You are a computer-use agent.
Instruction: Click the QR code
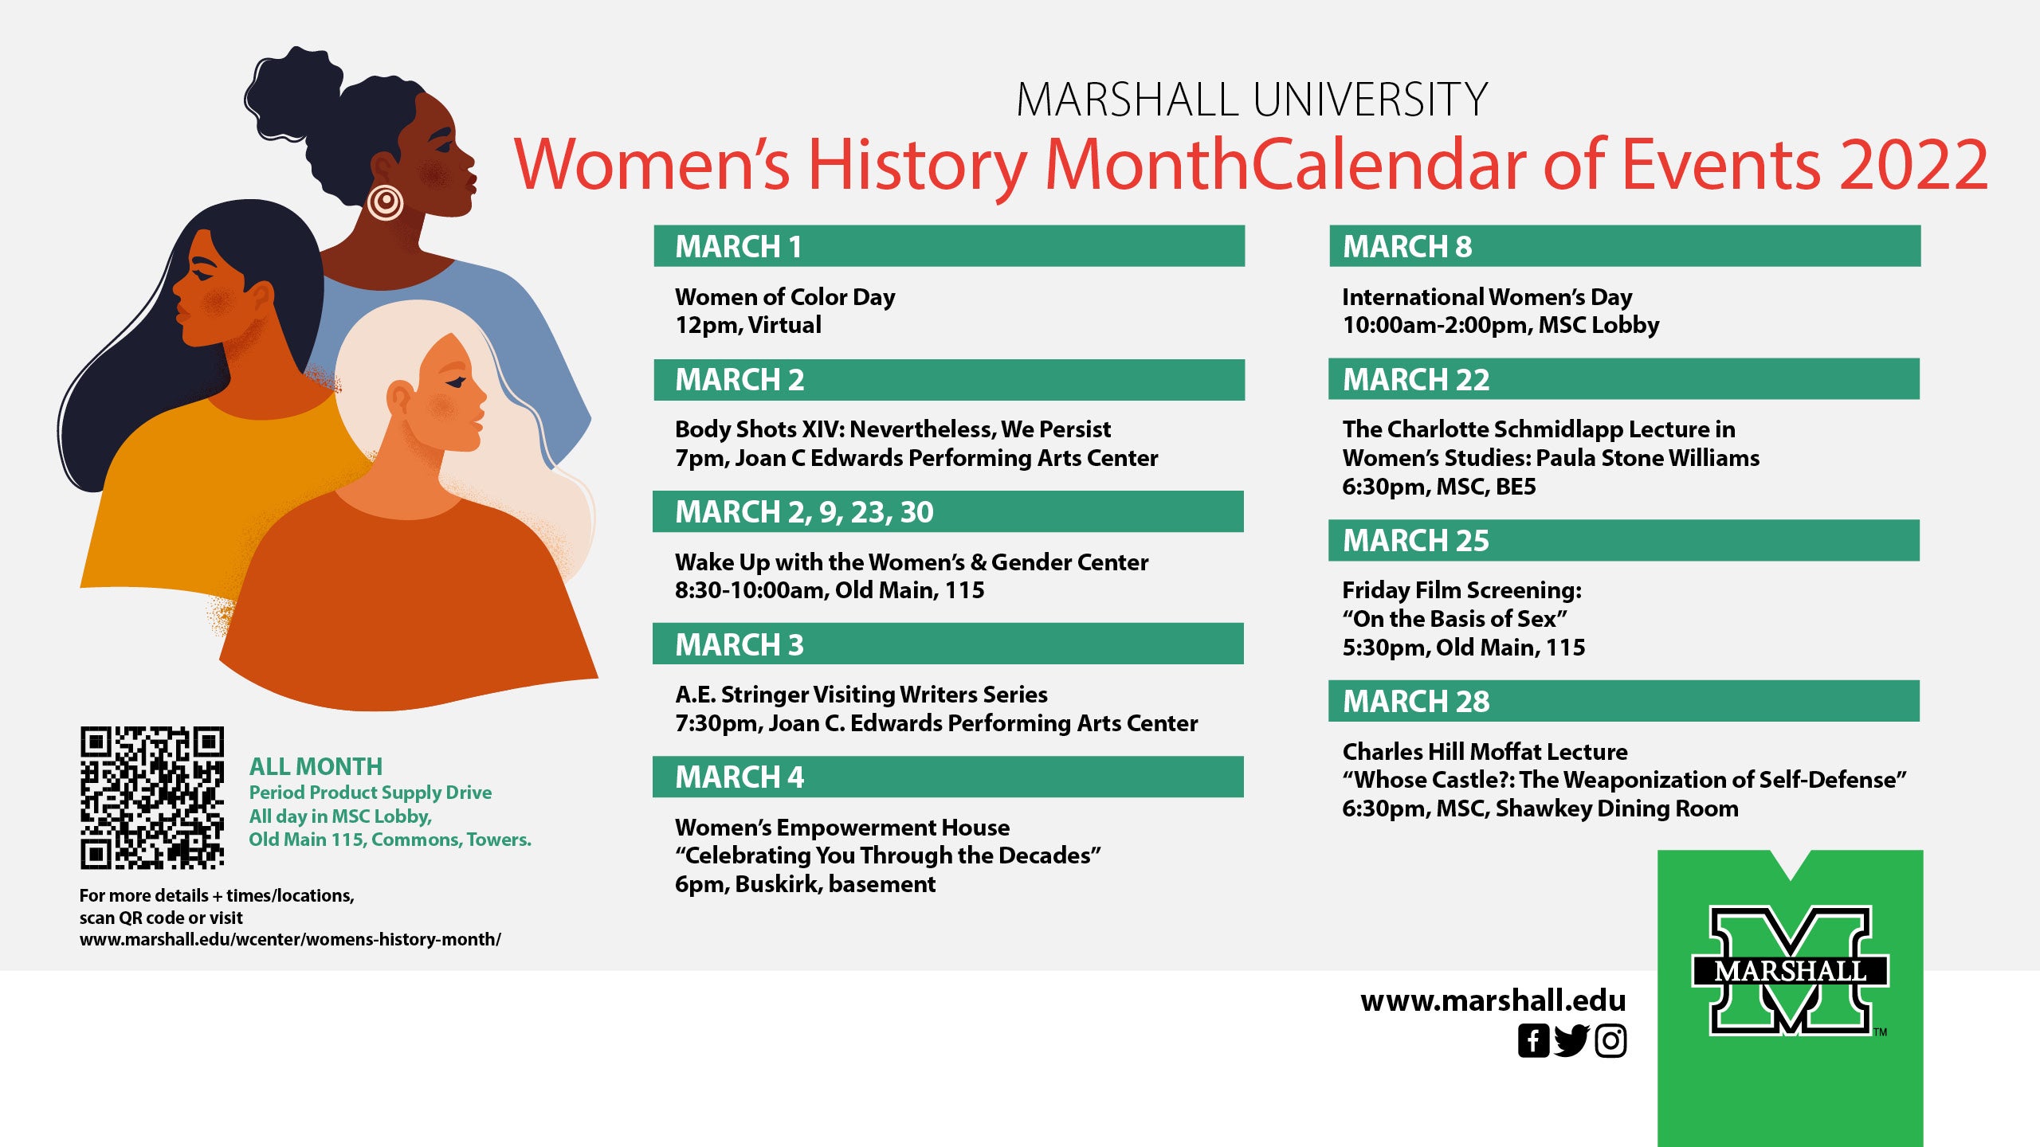click(x=151, y=797)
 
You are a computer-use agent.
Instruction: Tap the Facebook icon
click(x=1533, y=1041)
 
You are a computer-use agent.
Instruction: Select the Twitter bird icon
click(x=1571, y=1041)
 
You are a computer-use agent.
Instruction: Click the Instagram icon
click(x=1610, y=1041)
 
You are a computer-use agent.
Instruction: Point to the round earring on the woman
click(x=385, y=202)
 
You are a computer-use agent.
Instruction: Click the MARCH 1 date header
click(x=949, y=246)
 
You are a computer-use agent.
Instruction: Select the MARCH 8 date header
click(x=1625, y=246)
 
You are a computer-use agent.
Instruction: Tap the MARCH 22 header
click(x=1624, y=379)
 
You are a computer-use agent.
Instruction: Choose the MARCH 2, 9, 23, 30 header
click(x=948, y=511)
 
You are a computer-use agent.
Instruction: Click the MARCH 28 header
click(x=1624, y=701)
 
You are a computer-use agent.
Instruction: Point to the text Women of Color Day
click(x=785, y=297)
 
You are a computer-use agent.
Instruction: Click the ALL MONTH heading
click(x=316, y=766)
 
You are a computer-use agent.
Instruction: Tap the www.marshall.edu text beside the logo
click(x=1493, y=1000)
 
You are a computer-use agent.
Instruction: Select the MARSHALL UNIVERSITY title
click(x=1252, y=100)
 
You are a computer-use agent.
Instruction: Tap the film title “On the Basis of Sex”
click(x=1455, y=619)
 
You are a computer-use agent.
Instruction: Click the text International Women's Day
click(x=1487, y=297)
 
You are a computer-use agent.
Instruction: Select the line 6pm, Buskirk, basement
click(x=805, y=884)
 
